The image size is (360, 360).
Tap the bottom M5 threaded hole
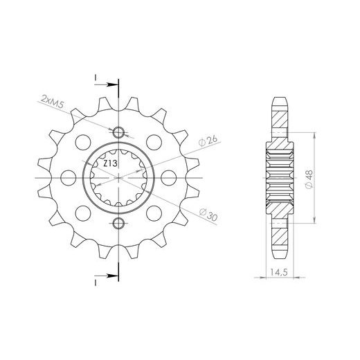click(x=118, y=223)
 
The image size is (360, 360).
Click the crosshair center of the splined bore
click(x=118, y=179)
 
